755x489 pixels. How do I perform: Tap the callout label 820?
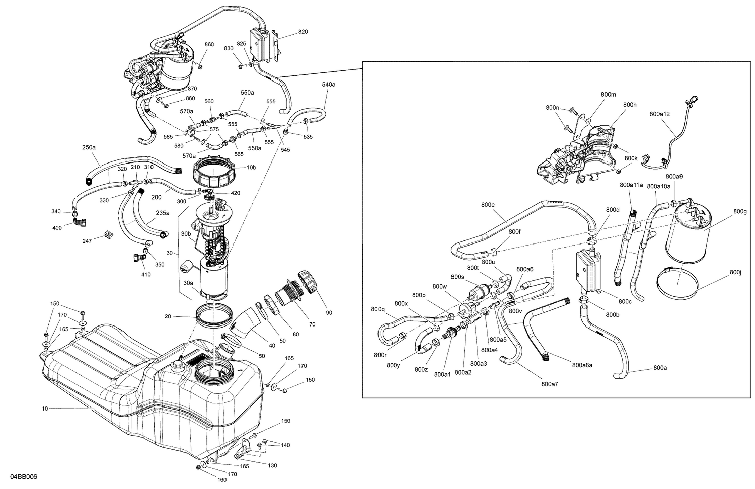click(303, 32)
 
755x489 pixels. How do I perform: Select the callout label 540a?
click(328, 85)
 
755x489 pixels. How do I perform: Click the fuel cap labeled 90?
click(308, 282)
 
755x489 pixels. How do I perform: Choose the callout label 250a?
click(89, 147)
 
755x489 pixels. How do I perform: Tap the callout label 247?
click(87, 241)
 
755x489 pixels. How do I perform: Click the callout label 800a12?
click(659, 114)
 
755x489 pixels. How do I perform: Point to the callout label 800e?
click(488, 205)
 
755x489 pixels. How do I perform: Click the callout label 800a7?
click(550, 384)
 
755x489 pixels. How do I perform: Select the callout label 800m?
click(608, 94)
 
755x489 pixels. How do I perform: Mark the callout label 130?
click(272, 465)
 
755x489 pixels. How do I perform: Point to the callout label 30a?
click(188, 283)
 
